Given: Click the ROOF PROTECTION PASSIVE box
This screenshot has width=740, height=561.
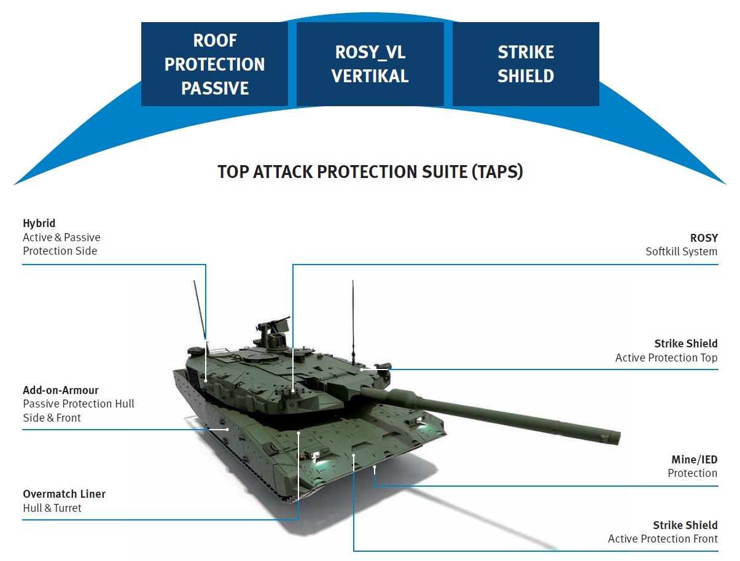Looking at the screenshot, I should point(214,64).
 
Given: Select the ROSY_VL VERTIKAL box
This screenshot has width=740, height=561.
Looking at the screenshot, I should point(370,64).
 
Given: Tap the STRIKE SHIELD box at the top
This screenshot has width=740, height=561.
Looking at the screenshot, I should point(526,64).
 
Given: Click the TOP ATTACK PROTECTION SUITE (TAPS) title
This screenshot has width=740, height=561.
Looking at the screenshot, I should point(370,171).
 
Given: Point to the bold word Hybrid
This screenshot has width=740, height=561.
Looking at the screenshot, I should point(39,223).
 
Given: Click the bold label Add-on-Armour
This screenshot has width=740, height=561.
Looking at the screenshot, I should point(60,390).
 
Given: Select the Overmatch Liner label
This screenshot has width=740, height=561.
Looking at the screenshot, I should point(64,494).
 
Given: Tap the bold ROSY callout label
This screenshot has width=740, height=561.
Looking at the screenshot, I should point(703,238).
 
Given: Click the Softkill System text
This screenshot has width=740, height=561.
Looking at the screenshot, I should point(681,251).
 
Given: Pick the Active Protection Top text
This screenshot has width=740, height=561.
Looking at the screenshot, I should point(666,357).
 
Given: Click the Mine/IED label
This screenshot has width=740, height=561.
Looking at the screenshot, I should point(694,460).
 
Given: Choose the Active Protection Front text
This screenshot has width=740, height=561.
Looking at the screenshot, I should point(662,539).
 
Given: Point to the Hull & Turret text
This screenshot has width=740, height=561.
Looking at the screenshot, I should point(52,508).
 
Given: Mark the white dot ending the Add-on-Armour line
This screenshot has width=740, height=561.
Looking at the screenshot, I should point(228,429).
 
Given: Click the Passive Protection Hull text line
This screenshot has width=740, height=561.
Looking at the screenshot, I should point(78,404).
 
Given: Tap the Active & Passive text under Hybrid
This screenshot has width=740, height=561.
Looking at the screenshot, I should point(61,238).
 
